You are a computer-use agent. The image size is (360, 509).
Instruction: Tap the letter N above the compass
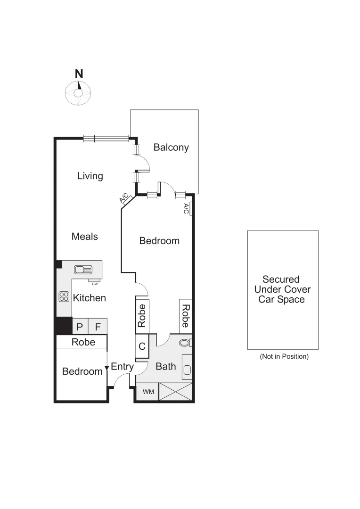[x=79, y=74]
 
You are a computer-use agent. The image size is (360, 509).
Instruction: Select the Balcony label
[x=171, y=148]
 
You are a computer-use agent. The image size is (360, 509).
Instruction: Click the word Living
[x=90, y=176]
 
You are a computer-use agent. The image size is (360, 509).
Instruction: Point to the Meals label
[x=85, y=236]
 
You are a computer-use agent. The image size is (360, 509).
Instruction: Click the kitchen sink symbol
[x=83, y=270]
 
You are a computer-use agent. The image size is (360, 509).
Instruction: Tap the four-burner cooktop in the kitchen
[x=64, y=296]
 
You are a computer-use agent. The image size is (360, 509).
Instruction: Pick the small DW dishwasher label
[x=95, y=283]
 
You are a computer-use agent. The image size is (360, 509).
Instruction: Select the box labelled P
[x=79, y=327]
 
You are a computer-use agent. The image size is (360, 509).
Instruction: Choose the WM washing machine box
[x=148, y=392]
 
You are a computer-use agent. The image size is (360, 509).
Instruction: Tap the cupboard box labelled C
[x=142, y=346]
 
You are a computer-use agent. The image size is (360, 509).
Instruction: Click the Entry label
[x=123, y=367]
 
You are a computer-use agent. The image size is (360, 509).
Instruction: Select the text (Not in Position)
[x=284, y=356]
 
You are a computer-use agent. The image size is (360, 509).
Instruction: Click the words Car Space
[x=282, y=299]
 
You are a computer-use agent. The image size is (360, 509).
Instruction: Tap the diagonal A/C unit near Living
[x=125, y=199]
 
